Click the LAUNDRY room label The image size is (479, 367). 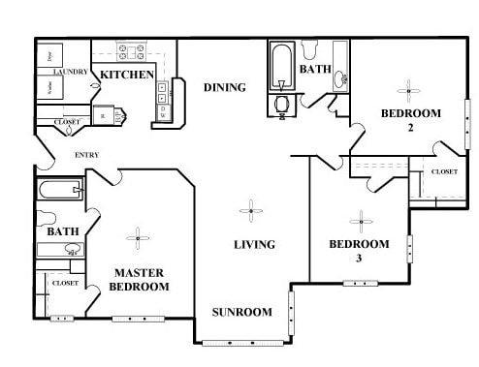click(71, 73)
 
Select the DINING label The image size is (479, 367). click(224, 88)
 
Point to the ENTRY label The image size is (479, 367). click(87, 155)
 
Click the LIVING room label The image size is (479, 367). click(254, 245)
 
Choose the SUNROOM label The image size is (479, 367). click(242, 312)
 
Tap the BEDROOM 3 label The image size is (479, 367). click(359, 251)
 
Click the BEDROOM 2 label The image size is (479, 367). click(410, 120)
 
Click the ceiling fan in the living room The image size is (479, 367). click(251, 209)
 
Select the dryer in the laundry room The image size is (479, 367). click(51, 56)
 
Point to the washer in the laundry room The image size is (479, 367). click(51, 87)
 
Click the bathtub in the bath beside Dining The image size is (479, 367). click(281, 64)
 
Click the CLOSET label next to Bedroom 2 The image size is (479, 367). click(444, 171)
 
